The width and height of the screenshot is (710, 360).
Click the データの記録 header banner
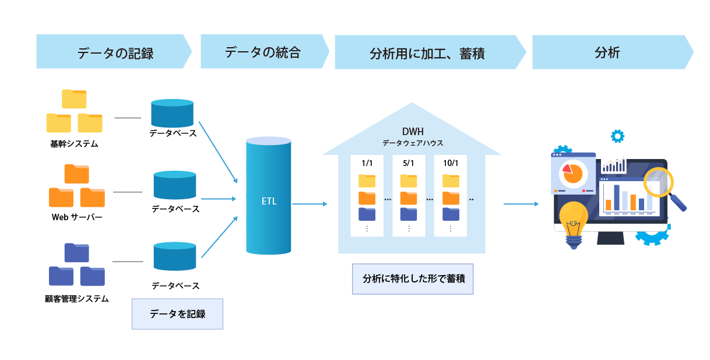(x=114, y=52)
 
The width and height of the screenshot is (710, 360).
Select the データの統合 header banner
(x=263, y=52)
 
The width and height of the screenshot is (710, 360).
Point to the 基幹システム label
(x=74, y=143)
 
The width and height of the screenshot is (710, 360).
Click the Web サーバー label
(x=77, y=217)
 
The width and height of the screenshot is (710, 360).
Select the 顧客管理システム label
(x=77, y=299)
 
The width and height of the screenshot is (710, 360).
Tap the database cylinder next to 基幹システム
(x=172, y=113)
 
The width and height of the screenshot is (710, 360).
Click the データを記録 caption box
(x=177, y=314)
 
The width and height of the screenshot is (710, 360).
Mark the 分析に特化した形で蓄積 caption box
(x=413, y=278)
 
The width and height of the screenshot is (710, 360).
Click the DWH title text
(x=412, y=132)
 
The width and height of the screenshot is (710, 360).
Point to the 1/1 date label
(x=367, y=164)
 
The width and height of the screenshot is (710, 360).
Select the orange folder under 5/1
(x=409, y=197)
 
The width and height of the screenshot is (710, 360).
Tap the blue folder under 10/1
(x=451, y=214)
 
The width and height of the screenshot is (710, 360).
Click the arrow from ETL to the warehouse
(x=310, y=204)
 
